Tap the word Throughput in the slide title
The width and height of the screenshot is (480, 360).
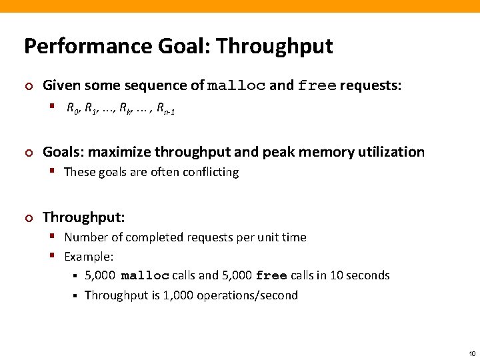click(274, 46)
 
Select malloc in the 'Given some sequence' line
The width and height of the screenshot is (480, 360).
click(237, 86)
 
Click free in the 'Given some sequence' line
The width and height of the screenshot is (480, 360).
click(317, 86)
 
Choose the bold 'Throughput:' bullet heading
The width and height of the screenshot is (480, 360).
click(84, 217)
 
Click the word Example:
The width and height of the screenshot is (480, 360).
click(89, 256)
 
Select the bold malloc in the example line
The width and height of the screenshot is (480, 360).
click(145, 276)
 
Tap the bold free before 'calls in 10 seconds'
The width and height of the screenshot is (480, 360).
click(271, 276)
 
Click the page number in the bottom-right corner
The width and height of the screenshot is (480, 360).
click(472, 353)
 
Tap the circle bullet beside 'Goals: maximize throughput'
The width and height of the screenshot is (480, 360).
click(28, 153)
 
